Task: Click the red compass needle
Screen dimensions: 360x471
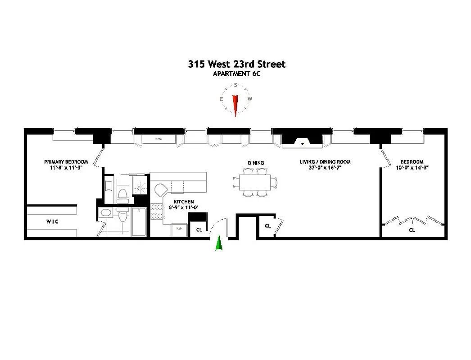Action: pos(235,105)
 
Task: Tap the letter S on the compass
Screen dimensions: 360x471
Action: pos(235,85)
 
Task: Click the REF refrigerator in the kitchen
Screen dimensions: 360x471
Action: pos(179,229)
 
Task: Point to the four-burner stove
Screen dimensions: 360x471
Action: pos(156,211)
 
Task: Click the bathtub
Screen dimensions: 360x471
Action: pos(139,222)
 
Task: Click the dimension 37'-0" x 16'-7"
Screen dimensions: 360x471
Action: pos(325,168)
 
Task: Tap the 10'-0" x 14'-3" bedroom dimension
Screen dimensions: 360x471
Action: pos(412,168)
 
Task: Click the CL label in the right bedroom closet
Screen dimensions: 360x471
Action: pos(412,230)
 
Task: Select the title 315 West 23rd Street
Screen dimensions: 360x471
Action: pos(236,64)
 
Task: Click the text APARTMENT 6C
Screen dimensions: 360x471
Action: pos(236,74)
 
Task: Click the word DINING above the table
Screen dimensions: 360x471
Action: pos(255,163)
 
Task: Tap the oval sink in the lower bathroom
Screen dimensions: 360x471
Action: pos(106,213)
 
